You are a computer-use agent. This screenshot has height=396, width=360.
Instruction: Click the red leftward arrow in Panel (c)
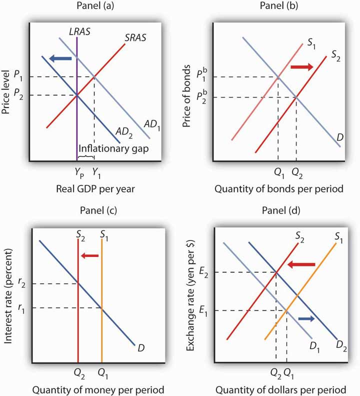tap(90, 256)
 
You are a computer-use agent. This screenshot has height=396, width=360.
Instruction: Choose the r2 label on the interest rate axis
tap(18, 283)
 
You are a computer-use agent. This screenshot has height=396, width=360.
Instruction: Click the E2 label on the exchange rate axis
tap(202, 272)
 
